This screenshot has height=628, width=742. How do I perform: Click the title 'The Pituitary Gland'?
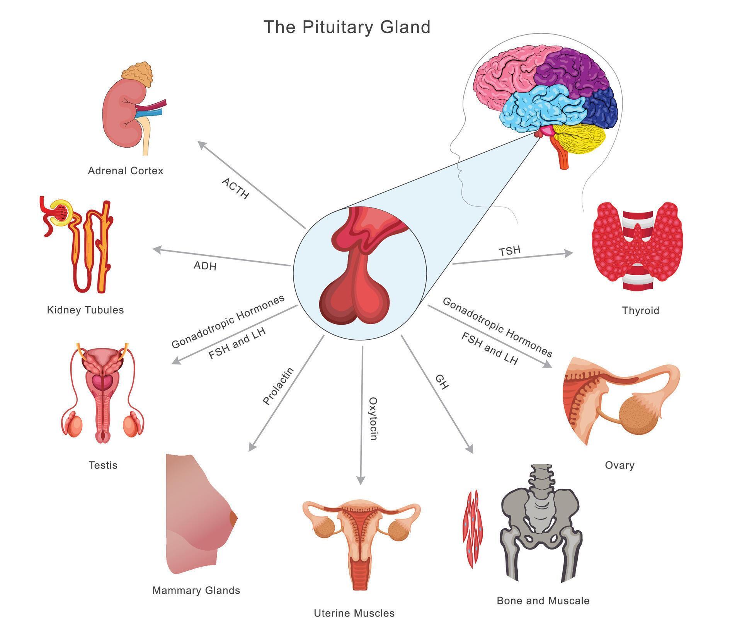coord(347,27)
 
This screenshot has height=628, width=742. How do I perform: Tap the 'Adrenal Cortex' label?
coord(126,170)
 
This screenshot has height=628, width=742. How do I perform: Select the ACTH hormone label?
coord(235,189)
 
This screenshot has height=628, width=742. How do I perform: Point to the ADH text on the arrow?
coord(205,265)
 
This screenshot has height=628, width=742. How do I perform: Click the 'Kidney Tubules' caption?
coord(85,310)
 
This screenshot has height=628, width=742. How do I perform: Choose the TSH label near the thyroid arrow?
coord(509,251)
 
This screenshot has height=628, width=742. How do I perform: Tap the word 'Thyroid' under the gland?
coord(640,310)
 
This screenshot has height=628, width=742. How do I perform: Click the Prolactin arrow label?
coord(278,386)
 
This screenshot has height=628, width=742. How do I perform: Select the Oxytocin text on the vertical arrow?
coord(373,419)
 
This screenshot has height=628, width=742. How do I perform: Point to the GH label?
coord(442,382)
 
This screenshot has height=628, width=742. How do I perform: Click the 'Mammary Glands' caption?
coord(196,590)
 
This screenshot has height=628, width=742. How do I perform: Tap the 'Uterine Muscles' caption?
coord(354,613)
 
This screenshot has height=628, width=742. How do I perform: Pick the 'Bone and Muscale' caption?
coord(543,601)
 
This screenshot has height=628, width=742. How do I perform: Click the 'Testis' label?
coord(103,465)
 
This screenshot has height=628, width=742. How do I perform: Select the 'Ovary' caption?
coord(619,465)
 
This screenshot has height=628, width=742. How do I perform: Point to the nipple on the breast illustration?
coord(233,518)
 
